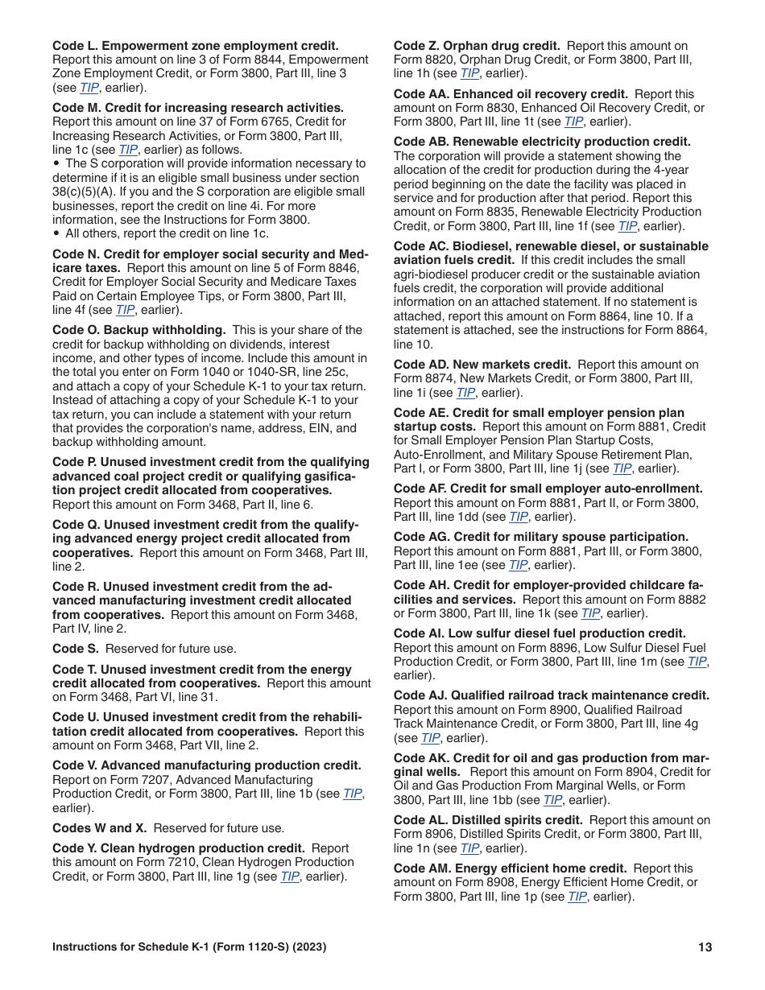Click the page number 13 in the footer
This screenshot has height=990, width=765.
[705, 947]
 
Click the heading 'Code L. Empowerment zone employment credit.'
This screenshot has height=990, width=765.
[196, 46]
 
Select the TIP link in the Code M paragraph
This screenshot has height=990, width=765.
[128, 150]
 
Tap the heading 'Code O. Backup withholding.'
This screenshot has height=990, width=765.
[139, 330]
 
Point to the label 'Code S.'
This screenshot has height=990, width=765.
[76, 649]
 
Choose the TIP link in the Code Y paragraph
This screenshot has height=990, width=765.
[290, 877]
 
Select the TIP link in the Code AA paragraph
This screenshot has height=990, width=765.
[573, 122]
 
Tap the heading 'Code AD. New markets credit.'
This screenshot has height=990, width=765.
[482, 365]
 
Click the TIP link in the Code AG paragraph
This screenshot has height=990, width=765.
[519, 565]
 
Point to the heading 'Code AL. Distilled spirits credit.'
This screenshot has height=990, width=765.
[488, 820]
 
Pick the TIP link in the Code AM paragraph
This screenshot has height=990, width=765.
[577, 897]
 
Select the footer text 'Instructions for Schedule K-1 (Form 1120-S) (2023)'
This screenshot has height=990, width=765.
[189, 947]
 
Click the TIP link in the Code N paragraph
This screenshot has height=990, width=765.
[125, 310]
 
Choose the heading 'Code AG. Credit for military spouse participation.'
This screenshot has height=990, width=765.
[541, 537]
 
